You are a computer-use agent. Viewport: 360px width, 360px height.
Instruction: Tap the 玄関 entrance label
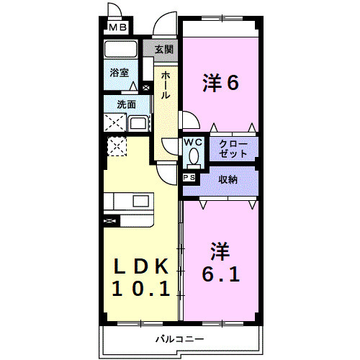[x=163, y=50]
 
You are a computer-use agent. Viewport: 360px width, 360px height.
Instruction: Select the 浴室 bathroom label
[x=119, y=73]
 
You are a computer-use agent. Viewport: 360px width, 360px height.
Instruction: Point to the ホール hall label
[x=166, y=84]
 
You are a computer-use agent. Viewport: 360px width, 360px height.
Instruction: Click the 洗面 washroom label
[x=127, y=104]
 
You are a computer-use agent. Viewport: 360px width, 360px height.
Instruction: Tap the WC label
[x=192, y=143]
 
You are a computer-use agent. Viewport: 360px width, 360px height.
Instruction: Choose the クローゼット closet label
[x=234, y=149]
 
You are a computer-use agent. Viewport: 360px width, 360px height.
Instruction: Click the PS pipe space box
[x=190, y=177]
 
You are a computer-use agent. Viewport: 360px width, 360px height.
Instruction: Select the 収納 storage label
[x=229, y=179]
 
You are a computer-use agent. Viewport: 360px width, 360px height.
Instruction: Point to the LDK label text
[x=142, y=266]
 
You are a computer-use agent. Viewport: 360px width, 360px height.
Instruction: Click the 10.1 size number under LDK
[x=142, y=289]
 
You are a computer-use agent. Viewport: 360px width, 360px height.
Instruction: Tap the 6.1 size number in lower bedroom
[x=220, y=275]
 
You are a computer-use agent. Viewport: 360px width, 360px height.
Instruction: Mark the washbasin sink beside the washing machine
[x=138, y=123]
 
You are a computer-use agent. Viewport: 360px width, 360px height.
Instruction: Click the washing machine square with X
[x=114, y=123]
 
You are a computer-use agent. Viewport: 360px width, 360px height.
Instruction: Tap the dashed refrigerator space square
[x=116, y=146]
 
